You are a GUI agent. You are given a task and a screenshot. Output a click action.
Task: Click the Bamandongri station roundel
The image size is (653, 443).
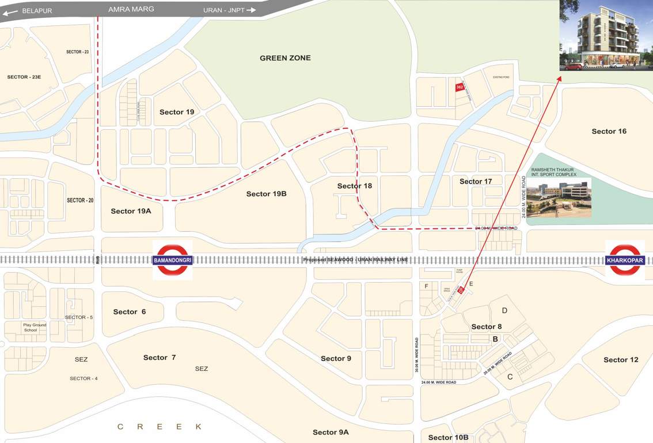[x=173, y=260]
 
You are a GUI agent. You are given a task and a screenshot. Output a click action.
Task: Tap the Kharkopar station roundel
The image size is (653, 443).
[x=625, y=260]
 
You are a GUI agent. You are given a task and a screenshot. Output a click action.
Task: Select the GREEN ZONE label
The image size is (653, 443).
[x=285, y=58]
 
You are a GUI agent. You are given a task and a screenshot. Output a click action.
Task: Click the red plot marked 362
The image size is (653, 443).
[x=460, y=87]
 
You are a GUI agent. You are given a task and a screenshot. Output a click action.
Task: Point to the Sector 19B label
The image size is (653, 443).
[x=266, y=194]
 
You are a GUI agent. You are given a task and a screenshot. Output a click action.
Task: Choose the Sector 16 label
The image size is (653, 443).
[x=609, y=132]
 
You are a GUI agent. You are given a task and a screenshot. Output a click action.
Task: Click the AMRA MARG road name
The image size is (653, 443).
[x=131, y=9]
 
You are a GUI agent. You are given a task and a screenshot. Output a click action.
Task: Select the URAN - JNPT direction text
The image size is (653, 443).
[x=224, y=10]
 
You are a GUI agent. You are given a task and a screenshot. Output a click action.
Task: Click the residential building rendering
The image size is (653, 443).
[x=606, y=36]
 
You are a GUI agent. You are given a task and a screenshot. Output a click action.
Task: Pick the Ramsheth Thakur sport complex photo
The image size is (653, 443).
[x=559, y=197]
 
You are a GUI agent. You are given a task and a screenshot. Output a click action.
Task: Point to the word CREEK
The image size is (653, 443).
[x=160, y=427]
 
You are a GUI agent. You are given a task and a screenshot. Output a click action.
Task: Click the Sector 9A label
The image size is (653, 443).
[x=331, y=432]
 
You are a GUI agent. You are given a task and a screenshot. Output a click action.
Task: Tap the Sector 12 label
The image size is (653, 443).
[x=621, y=360]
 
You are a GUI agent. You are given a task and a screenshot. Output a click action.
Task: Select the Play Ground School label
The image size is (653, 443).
[x=35, y=328]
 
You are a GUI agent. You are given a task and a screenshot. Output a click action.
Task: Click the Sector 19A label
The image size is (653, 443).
[x=131, y=211]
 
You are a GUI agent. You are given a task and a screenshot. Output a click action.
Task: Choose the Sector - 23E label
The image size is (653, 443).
[x=24, y=77]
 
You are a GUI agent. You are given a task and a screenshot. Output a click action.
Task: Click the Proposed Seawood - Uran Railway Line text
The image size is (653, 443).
[x=356, y=260]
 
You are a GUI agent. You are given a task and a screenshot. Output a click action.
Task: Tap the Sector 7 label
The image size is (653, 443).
[x=160, y=358]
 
